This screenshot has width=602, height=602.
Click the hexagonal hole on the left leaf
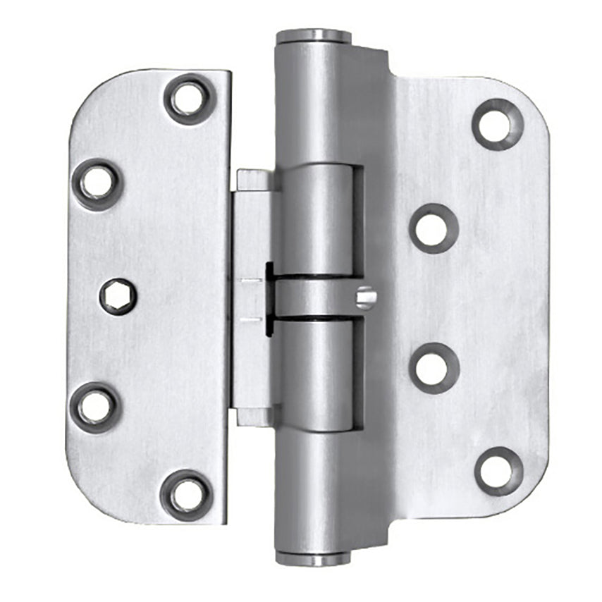pyautogui.click(x=117, y=296)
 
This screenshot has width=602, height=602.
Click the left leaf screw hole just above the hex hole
pyautogui.click(x=97, y=184)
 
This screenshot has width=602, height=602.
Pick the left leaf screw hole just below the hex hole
pyautogui.click(x=95, y=407)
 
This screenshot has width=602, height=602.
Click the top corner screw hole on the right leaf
pyautogui.click(x=498, y=124)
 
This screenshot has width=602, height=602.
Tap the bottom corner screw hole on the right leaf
pyautogui.click(x=498, y=471)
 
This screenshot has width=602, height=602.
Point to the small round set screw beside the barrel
pyautogui.click(x=366, y=298)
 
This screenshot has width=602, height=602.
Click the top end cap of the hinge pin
pyautogui.click(x=313, y=36)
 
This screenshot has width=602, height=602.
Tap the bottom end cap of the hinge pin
pyautogui.click(x=313, y=559)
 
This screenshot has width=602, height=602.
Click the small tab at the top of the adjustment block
pyautogui.click(x=253, y=180)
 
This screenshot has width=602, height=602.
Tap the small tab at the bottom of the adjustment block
pyautogui.click(x=253, y=417)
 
